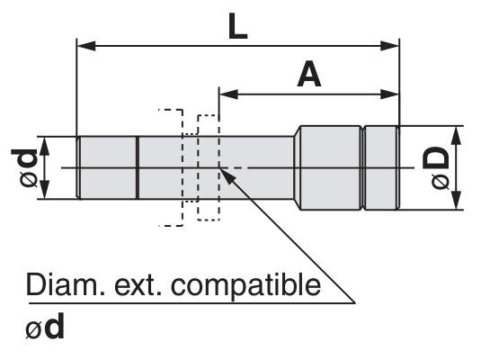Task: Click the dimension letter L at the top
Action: point(237,26)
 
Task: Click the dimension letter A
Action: point(308,74)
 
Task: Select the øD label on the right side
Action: point(436,168)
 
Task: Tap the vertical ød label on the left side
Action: point(24,168)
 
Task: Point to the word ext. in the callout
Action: point(138,285)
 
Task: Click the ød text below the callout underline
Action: point(45,327)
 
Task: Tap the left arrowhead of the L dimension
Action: point(86,46)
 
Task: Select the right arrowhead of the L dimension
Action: point(389,46)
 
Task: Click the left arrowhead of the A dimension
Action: point(228,94)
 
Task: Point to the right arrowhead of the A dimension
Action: point(389,94)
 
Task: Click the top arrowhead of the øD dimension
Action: point(457,135)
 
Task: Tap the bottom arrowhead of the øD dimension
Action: point(457,201)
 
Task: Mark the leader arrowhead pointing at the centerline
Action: point(227,175)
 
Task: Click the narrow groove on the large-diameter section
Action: point(362,168)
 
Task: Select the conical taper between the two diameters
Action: point(297,168)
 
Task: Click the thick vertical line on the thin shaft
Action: point(138,168)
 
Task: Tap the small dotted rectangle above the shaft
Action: point(208,126)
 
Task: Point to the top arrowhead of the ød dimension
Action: point(44,146)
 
